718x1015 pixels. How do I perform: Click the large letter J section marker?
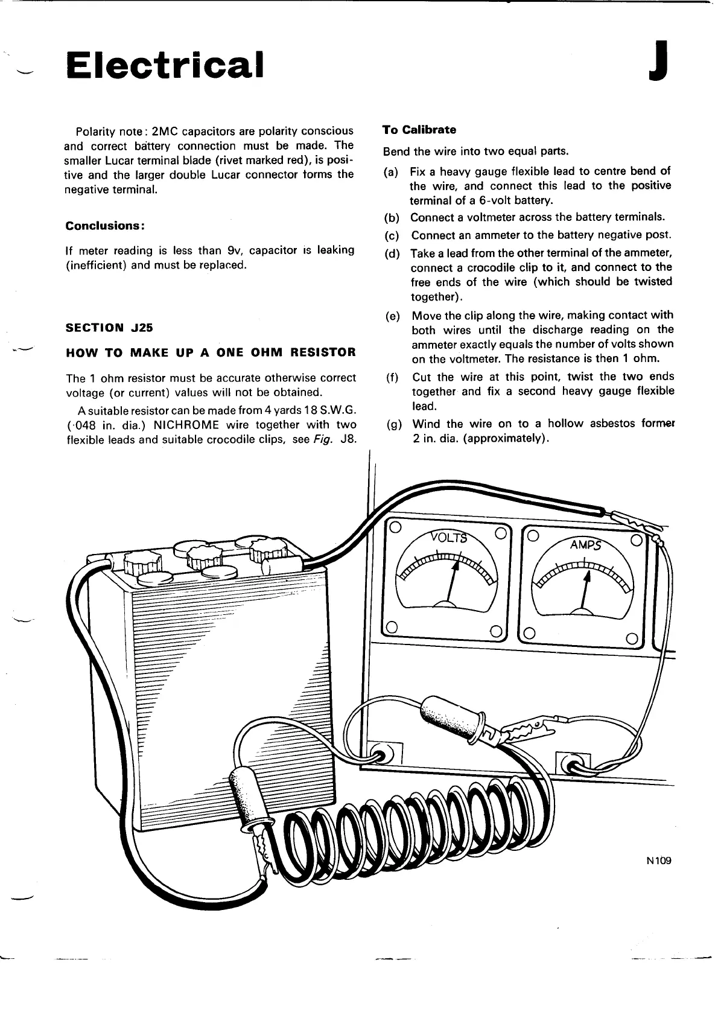658,60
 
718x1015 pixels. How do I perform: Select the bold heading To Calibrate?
419,130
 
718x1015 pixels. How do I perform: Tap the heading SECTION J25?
109,328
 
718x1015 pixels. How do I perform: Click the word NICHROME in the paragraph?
186,425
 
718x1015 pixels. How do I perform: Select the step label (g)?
393,424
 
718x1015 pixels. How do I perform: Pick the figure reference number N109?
658,861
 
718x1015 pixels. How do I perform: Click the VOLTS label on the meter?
448,537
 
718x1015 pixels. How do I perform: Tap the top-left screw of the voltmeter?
395,527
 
